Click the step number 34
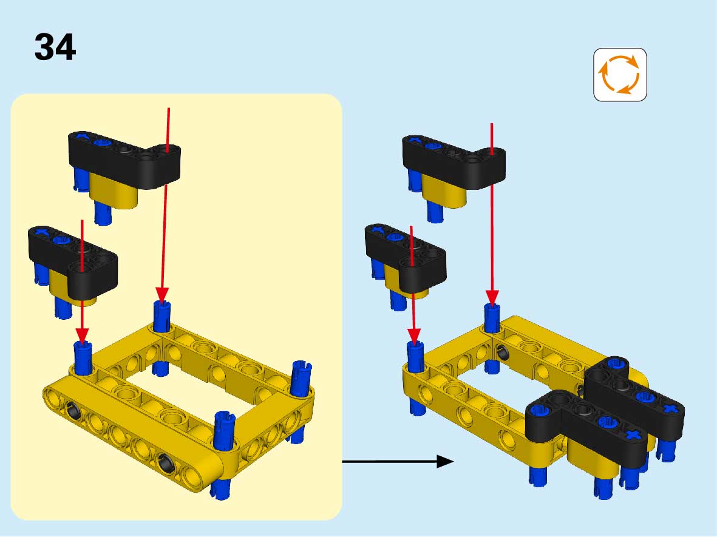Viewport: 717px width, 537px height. tap(55, 47)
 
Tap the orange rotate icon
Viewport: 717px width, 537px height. tap(620, 75)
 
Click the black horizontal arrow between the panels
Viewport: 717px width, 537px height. tap(398, 462)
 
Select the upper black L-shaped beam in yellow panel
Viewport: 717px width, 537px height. tap(124, 160)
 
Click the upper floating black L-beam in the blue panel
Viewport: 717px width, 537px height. tap(454, 161)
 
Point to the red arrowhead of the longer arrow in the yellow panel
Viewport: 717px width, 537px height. tap(162, 295)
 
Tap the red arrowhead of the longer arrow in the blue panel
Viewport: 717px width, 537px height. tap(492, 297)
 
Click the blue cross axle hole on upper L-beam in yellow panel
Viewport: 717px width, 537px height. tap(82, 136)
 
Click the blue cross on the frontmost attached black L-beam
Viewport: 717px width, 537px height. tap(633, 434)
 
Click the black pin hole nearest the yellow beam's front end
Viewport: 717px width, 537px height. tap(166, 462)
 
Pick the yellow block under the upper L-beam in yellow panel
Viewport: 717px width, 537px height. tap(114, 192)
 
